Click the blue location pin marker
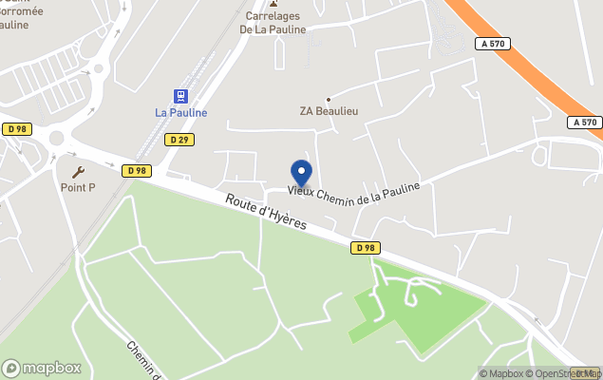coord(301,173)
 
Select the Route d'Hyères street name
coord(266,211)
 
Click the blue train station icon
coord(180,96)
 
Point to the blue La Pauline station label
coord(180,113)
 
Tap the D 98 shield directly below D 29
coord(136,171)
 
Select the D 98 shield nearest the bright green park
coord(365,248)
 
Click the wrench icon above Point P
coord(78,172)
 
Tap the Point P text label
coord(78,188)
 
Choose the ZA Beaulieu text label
coord(328,111)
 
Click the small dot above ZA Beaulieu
coord(329,99)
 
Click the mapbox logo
coord(42,368)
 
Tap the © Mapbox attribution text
coord(502,373)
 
